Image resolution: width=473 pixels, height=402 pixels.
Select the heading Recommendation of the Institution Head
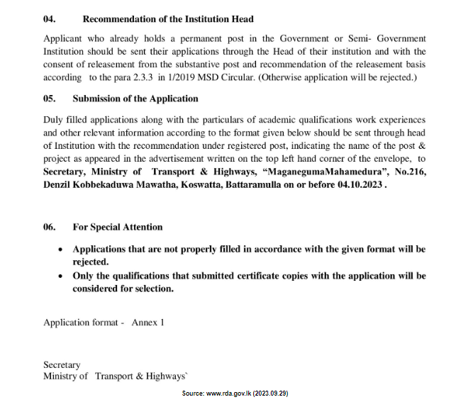(167, 18)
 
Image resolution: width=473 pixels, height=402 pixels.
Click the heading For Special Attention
(117, 227)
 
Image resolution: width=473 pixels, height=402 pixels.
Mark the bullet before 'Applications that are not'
(60, 250)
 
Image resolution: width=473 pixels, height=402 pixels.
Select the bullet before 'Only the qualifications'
(60, 276)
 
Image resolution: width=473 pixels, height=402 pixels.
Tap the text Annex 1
(148, 322)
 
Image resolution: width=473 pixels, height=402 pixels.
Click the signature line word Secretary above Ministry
(62, 365)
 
